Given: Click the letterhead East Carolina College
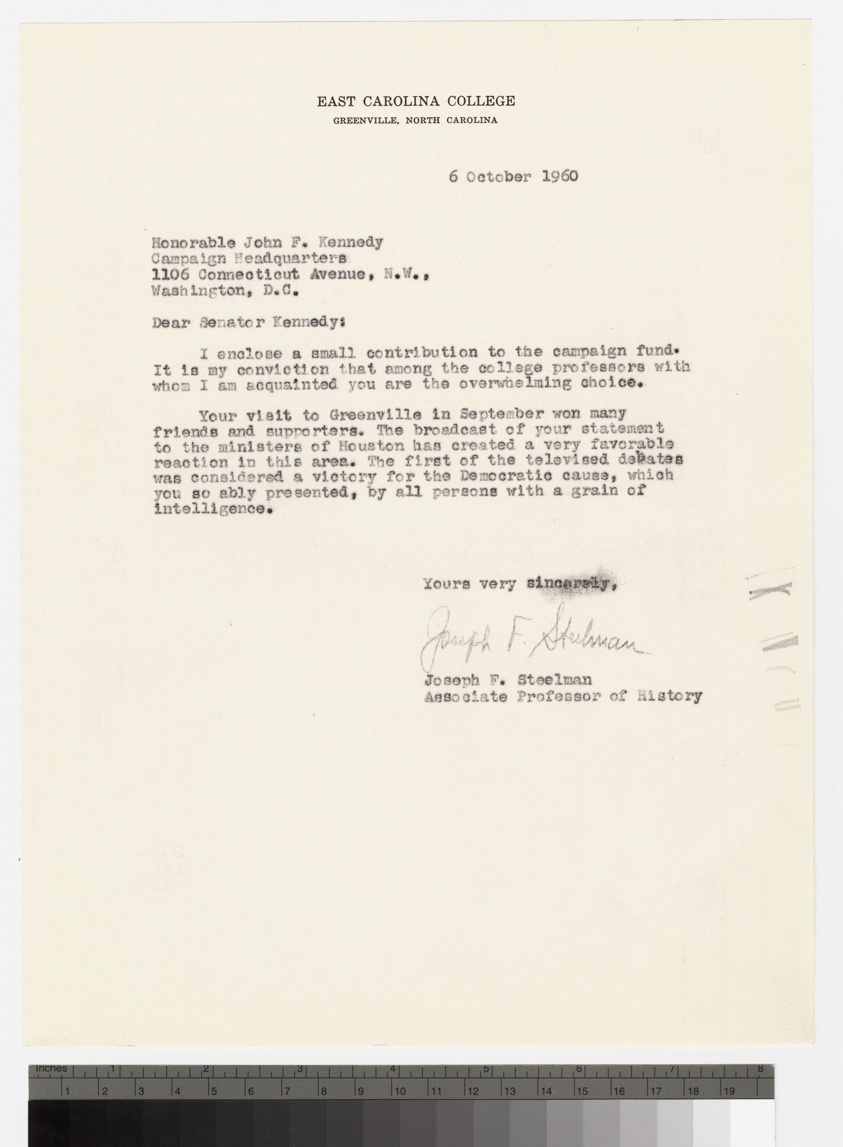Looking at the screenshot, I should pos(416,102).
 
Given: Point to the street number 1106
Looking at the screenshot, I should pos(171,274).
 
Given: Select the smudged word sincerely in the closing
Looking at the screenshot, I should pos(568,584).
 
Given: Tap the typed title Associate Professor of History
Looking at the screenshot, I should pos(562,697).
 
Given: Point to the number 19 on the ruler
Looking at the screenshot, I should pos(728,1091).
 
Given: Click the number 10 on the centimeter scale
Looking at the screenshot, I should pos(400,1091).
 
